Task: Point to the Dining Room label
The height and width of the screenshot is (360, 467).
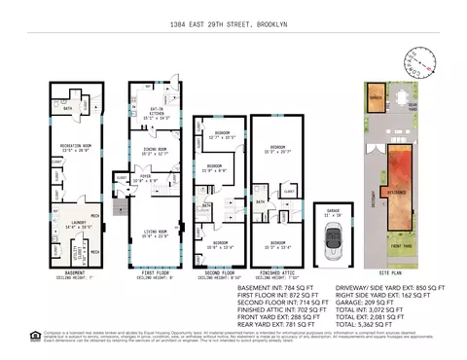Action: pyautogui.click(x=150, y=152)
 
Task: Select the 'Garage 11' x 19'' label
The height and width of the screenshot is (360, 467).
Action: pyautogui.click(x=333, y=211)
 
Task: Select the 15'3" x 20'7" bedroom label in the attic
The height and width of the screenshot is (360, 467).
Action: pyautogui.click(x=277, y=150)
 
